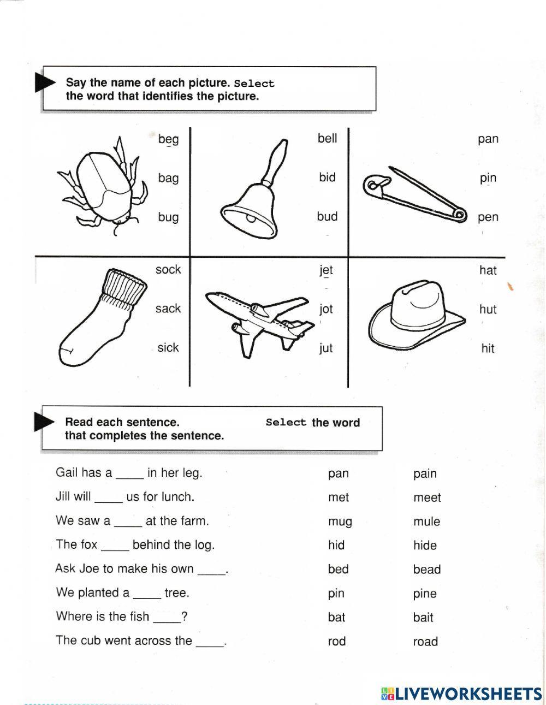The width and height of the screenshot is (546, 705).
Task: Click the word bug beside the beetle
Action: (x=168, y=217)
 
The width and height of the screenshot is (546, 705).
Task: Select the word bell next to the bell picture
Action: (x=327, y=138)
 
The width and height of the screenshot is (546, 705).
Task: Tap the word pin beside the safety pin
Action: (x=488, y=178)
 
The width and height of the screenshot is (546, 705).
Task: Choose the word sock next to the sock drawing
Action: (x=168, y=269)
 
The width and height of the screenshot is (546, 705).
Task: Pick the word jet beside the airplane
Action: (x=326, y=270)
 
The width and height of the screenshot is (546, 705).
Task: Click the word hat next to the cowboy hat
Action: (x=488, y=270)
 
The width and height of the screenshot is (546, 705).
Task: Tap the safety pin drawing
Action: (x=415, y=194)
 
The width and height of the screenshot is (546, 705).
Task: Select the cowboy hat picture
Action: (x=418, y=314)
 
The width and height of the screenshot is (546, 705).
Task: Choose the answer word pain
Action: (x=425, y=473)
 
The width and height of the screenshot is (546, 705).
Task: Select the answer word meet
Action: (x=427, y=497)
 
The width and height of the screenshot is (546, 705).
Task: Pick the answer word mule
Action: (x=426, y=522)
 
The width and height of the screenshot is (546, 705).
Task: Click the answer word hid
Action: (x=336, y=545)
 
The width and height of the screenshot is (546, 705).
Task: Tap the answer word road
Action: (x=425, y=642)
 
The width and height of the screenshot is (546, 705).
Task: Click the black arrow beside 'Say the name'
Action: (x=45, y=83)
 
